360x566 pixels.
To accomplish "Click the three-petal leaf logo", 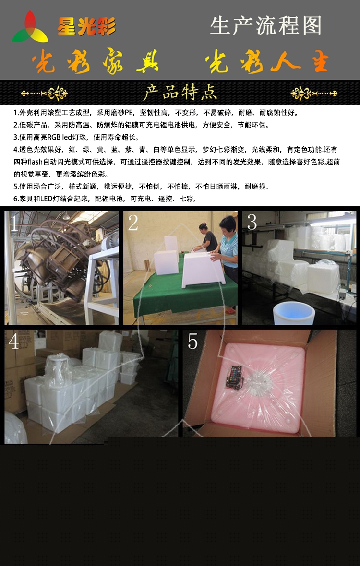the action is [x=30, y=27].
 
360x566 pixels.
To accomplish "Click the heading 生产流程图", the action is [x=266, y=25].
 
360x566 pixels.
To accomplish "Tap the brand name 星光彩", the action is [x=87, y=26].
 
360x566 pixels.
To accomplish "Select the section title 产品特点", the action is [x=180, y=92].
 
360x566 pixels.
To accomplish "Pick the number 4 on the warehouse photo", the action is [x=14, y=341].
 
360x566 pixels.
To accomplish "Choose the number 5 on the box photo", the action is [x=193, y=341].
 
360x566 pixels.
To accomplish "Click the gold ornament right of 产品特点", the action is [x=314, y=93].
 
